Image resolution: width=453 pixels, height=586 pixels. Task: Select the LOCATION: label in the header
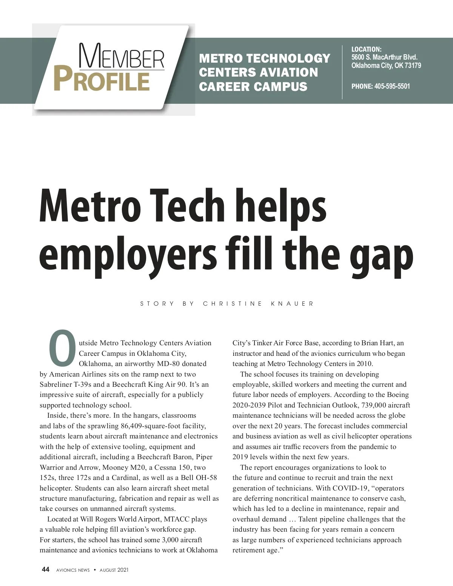pos(366,49)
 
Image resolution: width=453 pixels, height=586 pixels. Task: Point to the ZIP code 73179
pos(413,66)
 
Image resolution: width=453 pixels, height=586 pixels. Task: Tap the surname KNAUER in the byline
pos(292,304)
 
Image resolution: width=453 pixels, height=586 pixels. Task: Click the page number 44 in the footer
pos(45,569)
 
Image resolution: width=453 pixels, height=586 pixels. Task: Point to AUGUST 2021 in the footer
pos(114,570)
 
